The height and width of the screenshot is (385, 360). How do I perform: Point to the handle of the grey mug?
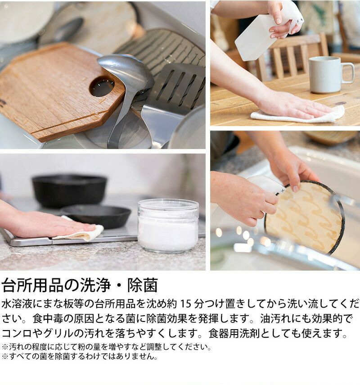point(348,73)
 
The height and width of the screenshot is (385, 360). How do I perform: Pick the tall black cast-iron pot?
point(69,190)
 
